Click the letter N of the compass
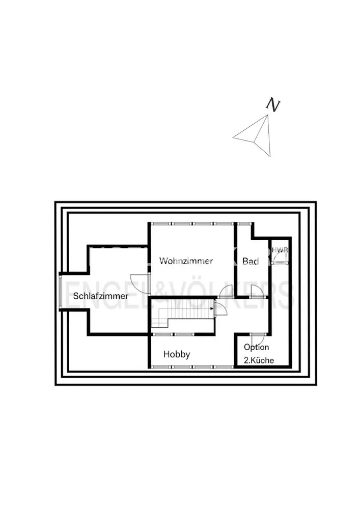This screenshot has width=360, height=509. click(273, 104)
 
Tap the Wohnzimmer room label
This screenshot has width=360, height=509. click(186, 261)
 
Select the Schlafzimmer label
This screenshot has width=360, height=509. click(100, 296)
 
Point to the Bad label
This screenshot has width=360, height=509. click(251, 262)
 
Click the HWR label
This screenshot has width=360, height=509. click(279, 250)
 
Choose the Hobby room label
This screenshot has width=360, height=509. click(177, 354)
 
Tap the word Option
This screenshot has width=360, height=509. click(256, 348)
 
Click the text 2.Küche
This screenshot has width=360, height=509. click(258, 360)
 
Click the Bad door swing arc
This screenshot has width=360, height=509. click(257, 291)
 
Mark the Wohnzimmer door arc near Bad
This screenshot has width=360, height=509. click(226, 291)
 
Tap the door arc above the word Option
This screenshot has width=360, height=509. click(258, 340)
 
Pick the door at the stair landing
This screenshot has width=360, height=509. click(221, 309)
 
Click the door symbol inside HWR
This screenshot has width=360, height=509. click(279, 259)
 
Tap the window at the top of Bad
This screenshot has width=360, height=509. click(244, 223)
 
